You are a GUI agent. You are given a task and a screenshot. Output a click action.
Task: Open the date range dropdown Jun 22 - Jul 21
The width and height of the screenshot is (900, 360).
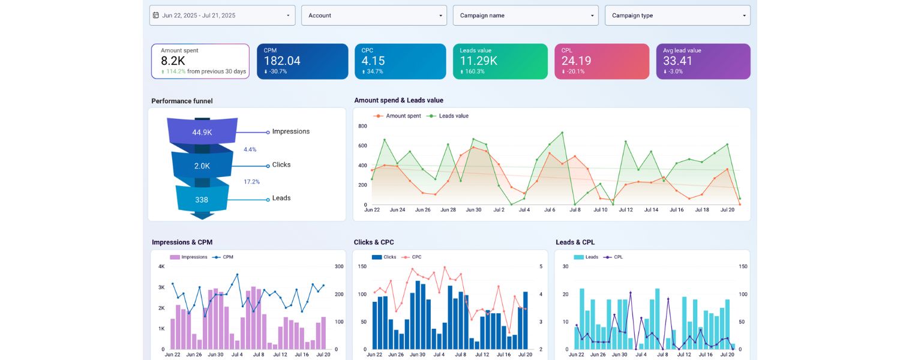[x=222, y=16]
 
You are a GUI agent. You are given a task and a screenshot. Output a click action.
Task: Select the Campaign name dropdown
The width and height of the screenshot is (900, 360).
[x=526, y=16]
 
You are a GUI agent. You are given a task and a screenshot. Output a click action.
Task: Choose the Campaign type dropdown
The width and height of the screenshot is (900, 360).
[x=677, y=16]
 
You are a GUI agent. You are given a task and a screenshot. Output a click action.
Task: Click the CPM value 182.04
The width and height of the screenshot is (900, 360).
[x=282, y=61]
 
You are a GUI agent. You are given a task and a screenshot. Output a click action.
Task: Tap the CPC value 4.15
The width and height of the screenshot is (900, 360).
[x=373, y=61]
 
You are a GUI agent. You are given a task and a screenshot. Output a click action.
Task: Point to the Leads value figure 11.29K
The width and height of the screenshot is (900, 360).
[x=478, y=61]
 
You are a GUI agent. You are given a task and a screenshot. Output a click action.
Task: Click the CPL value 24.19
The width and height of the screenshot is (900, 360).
[x=576, y=61]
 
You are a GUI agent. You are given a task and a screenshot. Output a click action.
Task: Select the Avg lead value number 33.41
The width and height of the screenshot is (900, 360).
[x=678, y=61]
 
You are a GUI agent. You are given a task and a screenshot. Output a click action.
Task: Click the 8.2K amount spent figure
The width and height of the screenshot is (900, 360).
[x=173, y=61]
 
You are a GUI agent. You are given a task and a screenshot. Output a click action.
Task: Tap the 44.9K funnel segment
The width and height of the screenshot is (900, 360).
[x=202, y=133]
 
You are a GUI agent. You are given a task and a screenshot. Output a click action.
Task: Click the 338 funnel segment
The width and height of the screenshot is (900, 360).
[x=202, y=200]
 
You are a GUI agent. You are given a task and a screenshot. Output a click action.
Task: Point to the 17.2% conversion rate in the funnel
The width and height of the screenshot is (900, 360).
[x=251, y=181]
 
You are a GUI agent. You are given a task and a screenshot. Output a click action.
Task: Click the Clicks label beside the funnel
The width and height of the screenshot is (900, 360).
[x=281, y=165]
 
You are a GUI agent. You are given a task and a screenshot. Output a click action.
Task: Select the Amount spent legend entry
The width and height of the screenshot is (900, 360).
[x=403, y=116]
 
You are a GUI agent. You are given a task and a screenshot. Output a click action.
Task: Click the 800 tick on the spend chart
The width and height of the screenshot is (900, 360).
[x=362, y=126]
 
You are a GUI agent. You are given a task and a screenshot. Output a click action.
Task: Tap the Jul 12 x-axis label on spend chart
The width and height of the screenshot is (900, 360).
[x=626, y=210]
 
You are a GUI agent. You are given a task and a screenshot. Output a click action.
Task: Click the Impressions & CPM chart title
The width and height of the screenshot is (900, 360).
[x=182, y=242]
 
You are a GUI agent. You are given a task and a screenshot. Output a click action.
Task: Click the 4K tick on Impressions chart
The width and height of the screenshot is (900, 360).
[x=161, y=266]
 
